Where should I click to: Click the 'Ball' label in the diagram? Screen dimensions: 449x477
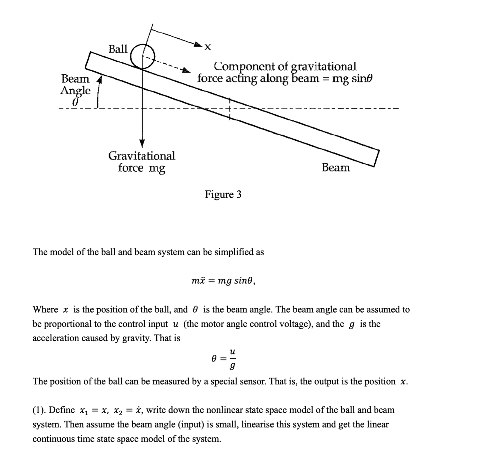(x=118, y=49)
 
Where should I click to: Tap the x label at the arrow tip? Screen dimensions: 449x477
(x=208, y=47)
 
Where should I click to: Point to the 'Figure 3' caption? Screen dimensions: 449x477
(x=223, y=194)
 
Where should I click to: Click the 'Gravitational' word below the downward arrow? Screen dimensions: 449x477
(x=142, y=156)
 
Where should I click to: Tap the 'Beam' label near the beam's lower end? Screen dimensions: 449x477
(x=336, y=168)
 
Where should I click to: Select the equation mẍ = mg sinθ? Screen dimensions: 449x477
(x=223, y=281)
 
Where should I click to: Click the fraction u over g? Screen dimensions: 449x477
(x=233, y=358)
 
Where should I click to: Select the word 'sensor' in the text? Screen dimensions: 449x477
(x=254, y=381)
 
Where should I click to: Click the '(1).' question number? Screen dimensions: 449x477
(x=40, y=410)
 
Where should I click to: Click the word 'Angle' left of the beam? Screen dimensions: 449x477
(x=75, y=91)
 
